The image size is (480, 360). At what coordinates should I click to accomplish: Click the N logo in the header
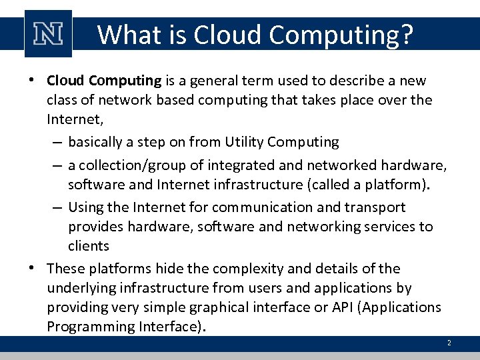[48, 33]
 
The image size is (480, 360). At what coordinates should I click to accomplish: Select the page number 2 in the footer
[449, 343]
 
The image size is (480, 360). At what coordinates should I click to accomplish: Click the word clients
[88, 246]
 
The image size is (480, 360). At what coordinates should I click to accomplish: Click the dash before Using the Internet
[58, 207]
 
